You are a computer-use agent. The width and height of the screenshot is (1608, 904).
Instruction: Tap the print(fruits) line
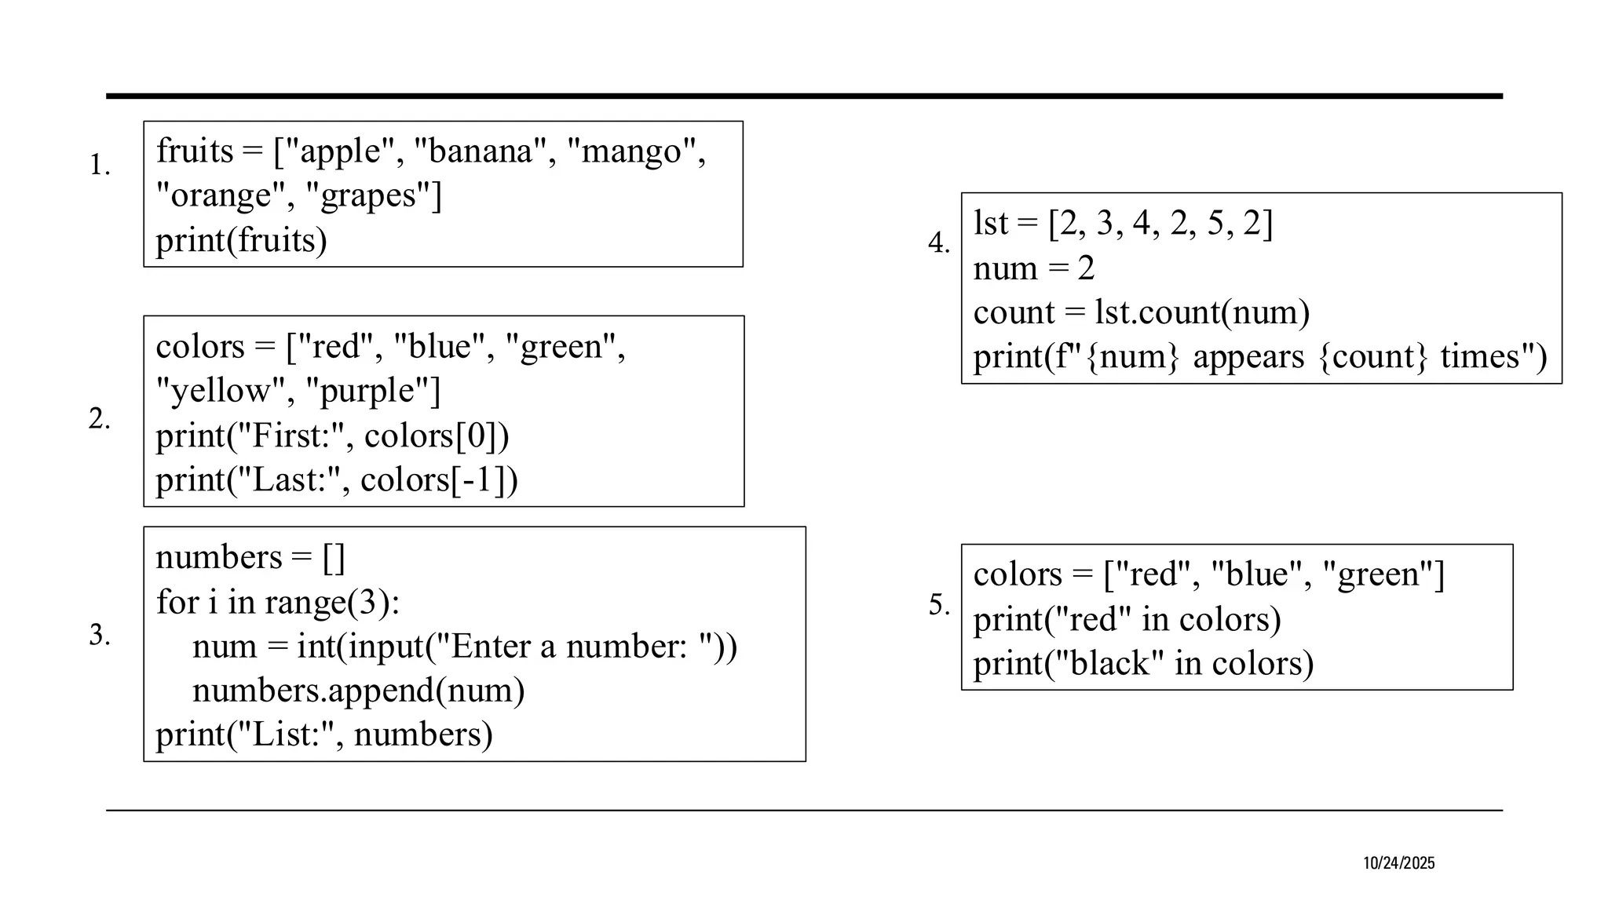[x=241, y=240]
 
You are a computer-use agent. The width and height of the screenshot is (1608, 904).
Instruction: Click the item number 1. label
[x=100, y=166]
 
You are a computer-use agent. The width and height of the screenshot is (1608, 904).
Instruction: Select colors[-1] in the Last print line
[x=439, y=480]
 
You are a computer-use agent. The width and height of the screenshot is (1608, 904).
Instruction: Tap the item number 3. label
[x=100, y=635]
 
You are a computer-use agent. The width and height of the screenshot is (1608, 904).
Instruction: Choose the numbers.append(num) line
[x=358, y=691]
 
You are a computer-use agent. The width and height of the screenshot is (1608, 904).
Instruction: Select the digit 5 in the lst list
[x=1215, y=224]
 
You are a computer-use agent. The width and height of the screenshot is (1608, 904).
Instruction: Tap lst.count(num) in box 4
[x=1202, y=312]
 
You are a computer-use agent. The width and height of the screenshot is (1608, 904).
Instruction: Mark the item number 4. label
[x=939, y=243]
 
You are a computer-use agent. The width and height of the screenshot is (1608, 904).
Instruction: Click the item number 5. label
[x=940, y=605]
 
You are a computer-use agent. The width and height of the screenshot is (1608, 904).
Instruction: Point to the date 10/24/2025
[x=1398, y=863]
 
